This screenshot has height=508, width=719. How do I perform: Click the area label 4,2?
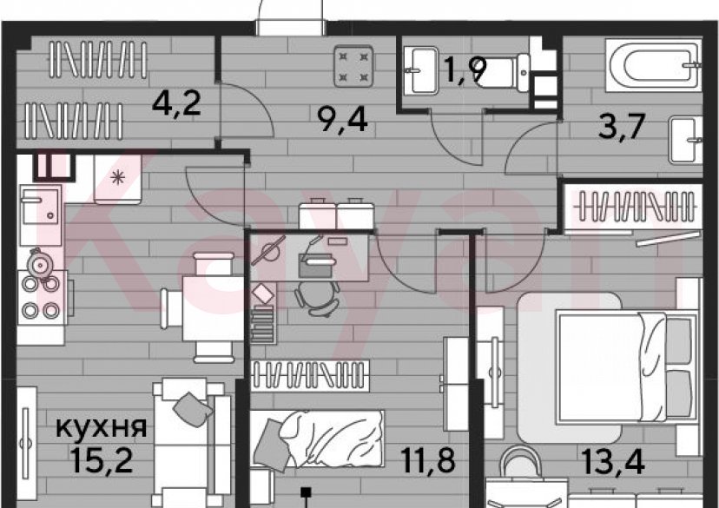point(176,103)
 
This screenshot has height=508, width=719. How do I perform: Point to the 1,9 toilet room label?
point(465,71)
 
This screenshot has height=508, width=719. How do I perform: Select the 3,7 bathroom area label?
point(623,127)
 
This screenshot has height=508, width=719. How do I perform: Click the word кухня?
point(102,428)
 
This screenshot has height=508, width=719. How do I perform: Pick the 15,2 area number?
point(102,460)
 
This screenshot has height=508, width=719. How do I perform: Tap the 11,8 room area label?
point(428,460)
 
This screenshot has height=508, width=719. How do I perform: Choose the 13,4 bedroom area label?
point(614,461)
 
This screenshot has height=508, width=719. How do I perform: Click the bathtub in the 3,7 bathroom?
point(653,66)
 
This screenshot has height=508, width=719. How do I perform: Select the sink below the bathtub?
point(685,140)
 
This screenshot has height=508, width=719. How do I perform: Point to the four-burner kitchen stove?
point(43,297)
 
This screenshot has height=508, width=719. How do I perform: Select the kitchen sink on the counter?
point(40,207)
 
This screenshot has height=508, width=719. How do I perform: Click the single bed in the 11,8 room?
point(317,439)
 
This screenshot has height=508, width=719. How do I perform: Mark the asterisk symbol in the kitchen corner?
point(118,177)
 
